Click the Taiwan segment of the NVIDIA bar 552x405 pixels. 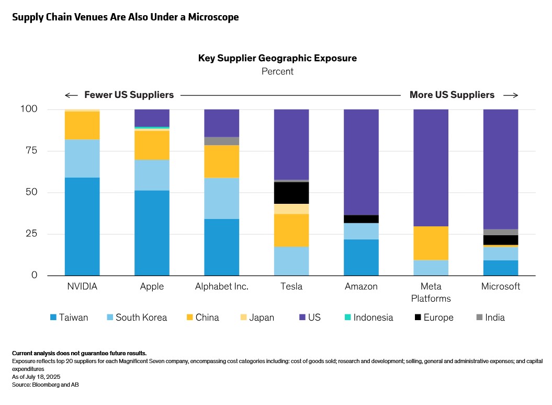(82, 226)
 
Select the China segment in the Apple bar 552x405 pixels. (152, 145)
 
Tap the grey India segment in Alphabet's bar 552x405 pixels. (221, 141)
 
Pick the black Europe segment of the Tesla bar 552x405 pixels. (291, 193)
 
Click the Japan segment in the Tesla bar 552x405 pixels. (291, 209)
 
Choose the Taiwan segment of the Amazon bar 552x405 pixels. (361, 257)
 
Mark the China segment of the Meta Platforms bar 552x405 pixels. (431, 243)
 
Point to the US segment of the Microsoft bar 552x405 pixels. (500, 169)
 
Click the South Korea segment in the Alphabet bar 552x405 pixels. (221, 199)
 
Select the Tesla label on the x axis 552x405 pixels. (291, 287)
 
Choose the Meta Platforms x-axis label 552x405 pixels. (431, 292)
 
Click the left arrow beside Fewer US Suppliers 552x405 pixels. (71, 95)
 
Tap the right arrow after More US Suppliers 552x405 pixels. (511, 95)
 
